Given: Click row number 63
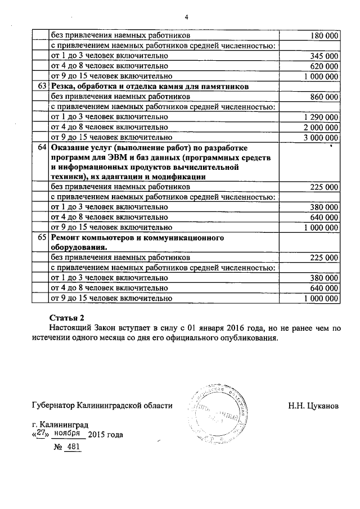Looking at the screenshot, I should [41, 86].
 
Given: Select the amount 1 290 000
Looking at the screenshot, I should [320, 117].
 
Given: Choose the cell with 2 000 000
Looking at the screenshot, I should [320, 127].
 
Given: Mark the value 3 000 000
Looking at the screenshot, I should [320, 137].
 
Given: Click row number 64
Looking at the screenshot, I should [41, 147].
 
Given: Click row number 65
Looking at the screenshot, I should [41, 238].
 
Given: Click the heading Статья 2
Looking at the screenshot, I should [66, 317].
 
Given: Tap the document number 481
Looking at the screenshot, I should [74, 447].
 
